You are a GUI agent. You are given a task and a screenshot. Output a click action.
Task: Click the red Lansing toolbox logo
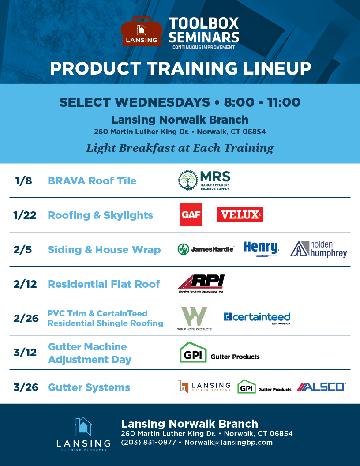[x=141, y=32]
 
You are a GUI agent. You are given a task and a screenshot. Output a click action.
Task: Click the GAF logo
[x=191, y=214]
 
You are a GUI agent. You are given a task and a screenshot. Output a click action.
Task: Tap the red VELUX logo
[x=240, y=215]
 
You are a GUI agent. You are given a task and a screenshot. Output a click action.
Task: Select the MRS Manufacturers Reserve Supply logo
[x=204, y=180]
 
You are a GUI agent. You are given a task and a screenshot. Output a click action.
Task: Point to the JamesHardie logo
[x=206, y=249]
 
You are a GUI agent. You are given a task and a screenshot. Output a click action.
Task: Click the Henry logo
[x=261, y=249]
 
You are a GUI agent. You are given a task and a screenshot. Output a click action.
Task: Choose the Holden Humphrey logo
[x=319, y=249]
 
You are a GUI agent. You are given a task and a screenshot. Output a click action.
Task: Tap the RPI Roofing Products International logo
[x=201, y=284]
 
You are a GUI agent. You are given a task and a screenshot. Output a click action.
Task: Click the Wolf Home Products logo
[x=194, y=319]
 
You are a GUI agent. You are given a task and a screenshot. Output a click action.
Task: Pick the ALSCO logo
[x=321, y=387]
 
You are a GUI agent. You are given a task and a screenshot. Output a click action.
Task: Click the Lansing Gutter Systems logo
[x=204, y=387]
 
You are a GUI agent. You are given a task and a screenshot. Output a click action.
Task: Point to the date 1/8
[x=23, y=180]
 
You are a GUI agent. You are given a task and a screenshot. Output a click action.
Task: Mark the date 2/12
[x=26, y=284]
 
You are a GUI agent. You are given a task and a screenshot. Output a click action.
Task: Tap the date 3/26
[x=26, y=387]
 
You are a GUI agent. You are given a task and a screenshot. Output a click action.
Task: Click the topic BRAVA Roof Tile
[x=92, y=181]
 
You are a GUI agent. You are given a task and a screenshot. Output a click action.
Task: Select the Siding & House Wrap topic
[x=104, y=250]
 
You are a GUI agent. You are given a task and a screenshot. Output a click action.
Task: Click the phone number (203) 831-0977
[x=148, y=442]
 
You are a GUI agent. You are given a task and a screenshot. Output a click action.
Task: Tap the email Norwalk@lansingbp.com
[x=228, y=442]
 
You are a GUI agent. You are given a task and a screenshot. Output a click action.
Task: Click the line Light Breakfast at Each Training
[x=180, y=148]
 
